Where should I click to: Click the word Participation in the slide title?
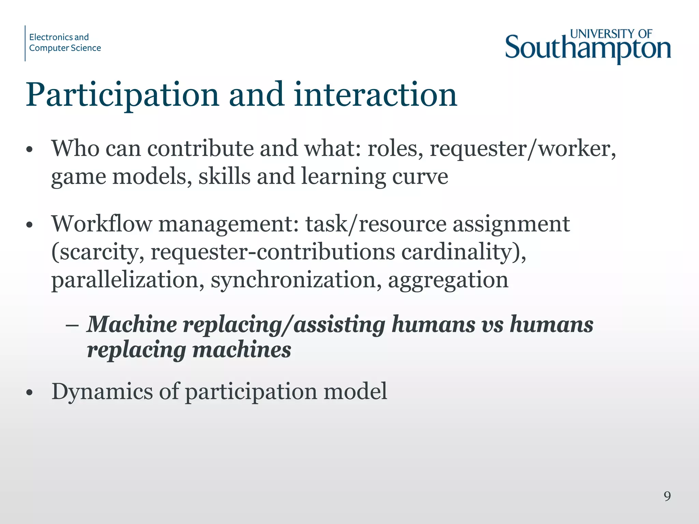click(x=122, y=95)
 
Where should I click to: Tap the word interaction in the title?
click(x=375, y=94)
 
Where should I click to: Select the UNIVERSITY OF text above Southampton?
click(x=611, y=34)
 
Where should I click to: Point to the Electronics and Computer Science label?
click(x=65, y=43)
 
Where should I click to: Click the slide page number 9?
click(x=667, y=496)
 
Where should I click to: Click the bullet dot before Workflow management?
click(x=30, y=225)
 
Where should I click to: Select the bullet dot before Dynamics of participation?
click(x=30, y=392)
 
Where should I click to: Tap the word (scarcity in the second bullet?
click(x=98, y=252)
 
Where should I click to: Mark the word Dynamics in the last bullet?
click(x=102, y=391)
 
